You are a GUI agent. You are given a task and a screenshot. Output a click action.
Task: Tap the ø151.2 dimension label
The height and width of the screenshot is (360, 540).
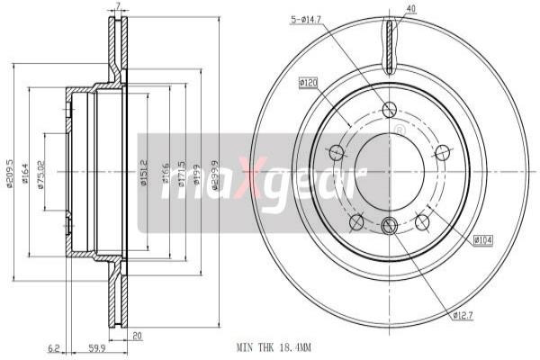[x=143, y=171]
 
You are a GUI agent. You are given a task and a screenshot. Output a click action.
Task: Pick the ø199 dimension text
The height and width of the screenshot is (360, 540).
[x=197, y=171]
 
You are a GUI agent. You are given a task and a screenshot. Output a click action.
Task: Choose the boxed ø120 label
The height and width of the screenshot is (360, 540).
[x=310, y=83]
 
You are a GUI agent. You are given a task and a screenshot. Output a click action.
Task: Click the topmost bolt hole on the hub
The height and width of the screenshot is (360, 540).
[x=389, y=110]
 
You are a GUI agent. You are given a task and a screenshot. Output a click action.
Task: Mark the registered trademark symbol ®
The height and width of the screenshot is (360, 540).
[x=399, y=131]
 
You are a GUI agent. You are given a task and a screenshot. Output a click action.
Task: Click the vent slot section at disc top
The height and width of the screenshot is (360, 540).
[x=389, y=49]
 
